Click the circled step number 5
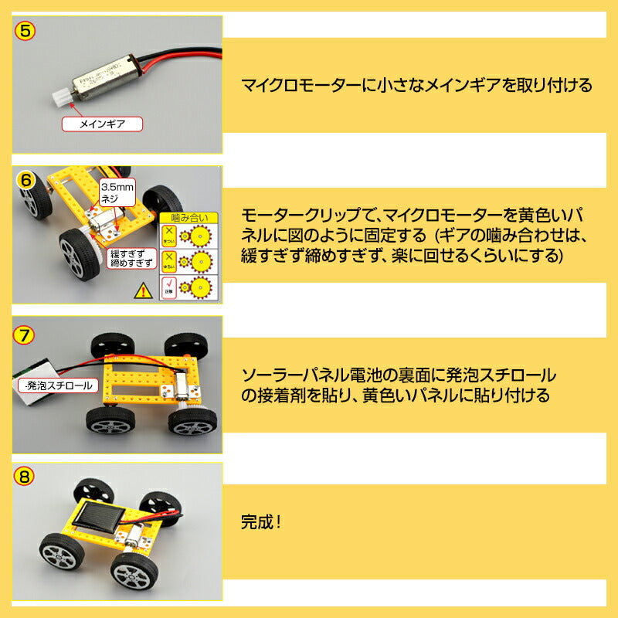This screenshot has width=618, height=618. pos(25,32)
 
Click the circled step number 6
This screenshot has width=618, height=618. pos(25,181)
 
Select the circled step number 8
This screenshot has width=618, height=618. pos(25,477)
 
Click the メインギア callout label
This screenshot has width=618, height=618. pos(102,123)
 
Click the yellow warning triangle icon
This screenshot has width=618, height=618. pos(143,291)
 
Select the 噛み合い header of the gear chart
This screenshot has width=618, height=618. pos(188,218)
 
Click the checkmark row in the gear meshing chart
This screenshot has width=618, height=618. pos(188,288)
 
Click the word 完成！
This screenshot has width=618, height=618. pos(262,521)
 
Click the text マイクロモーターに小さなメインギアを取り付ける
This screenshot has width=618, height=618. pos(417,85)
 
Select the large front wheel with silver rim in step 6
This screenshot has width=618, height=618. pos(73,253)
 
